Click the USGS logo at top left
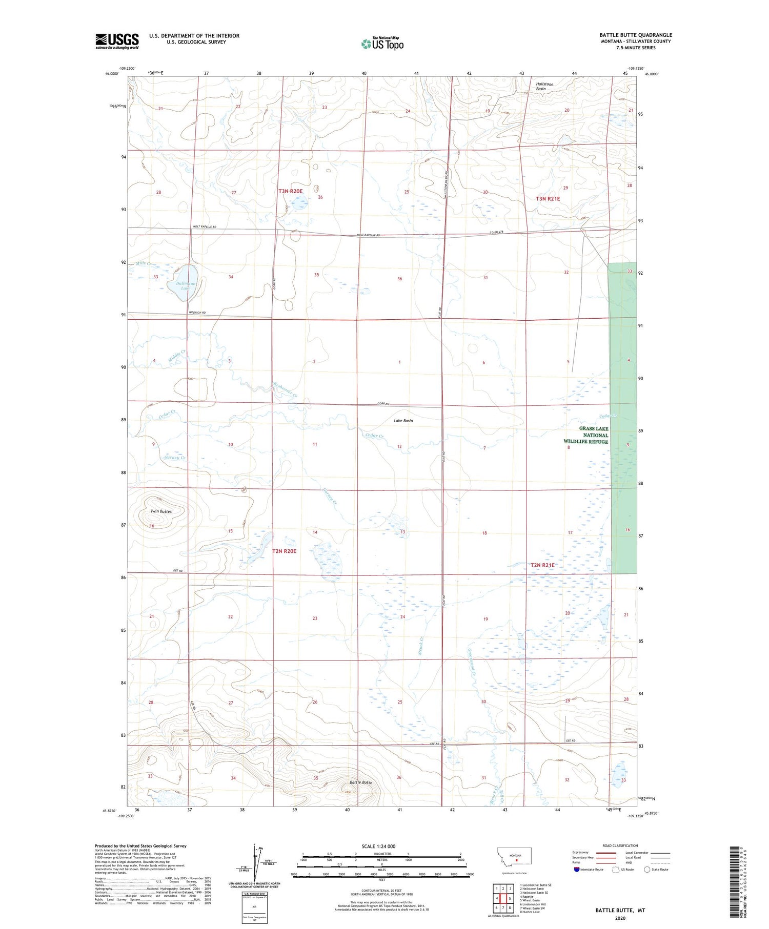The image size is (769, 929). click(x=117, y=41)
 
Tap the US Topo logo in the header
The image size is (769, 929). click(x=382, y=44)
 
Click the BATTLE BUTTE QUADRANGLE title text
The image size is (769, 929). click(x=636, y=35)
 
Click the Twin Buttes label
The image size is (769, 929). click(x=161, y=511)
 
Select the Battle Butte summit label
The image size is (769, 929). click(x=361, y=782)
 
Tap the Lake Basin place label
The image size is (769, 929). click(x=403, y=421)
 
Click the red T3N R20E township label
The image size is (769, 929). click(x=291, y=191)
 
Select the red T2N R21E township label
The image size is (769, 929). click(x=542, y=565)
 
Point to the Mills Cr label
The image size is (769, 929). click(x=143, y=263)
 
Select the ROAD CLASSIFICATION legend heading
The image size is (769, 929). click(x=620, y=845)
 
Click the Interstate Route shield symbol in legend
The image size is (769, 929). click(x=576, y=870)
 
